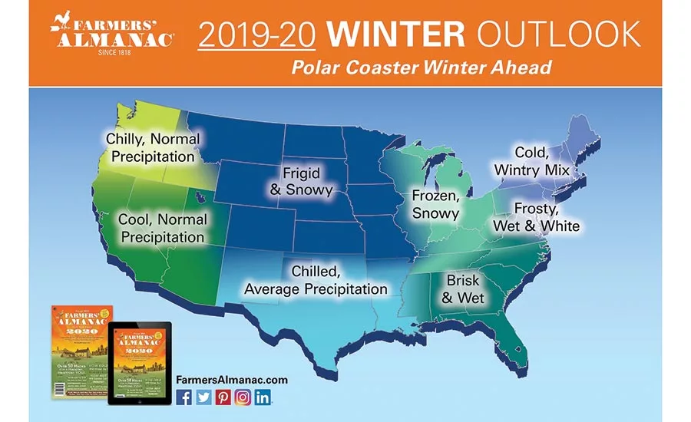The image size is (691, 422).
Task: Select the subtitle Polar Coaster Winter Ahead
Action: pyautogui.click(x=421, y=68)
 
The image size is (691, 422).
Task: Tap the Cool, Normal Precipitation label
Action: pyautogui.click(x=162, y=229)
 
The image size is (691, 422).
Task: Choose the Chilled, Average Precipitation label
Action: pyautogui.click(x=316, y=280)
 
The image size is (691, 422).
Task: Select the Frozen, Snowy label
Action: pyautogui.click(x=435, y=204)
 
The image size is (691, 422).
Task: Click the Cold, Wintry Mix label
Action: pyautogui.click(x=531, y=160)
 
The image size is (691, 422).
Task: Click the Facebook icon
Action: pyautogui.click(x=184, y=397)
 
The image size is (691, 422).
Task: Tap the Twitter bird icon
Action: pyautogui.click(x=203, y=397)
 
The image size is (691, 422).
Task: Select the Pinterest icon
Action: pyautogui.click(x=223, y=397)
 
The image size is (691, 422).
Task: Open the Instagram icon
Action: pyautogui.click(x=243, y=397)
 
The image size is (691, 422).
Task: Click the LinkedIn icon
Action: pyautogui.click(x=263, y=397)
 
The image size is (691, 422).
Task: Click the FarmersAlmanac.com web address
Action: pyautogui.click(x=231, y=379)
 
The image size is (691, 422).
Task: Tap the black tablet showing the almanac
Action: pyautogui.click(x=139, y=364)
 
